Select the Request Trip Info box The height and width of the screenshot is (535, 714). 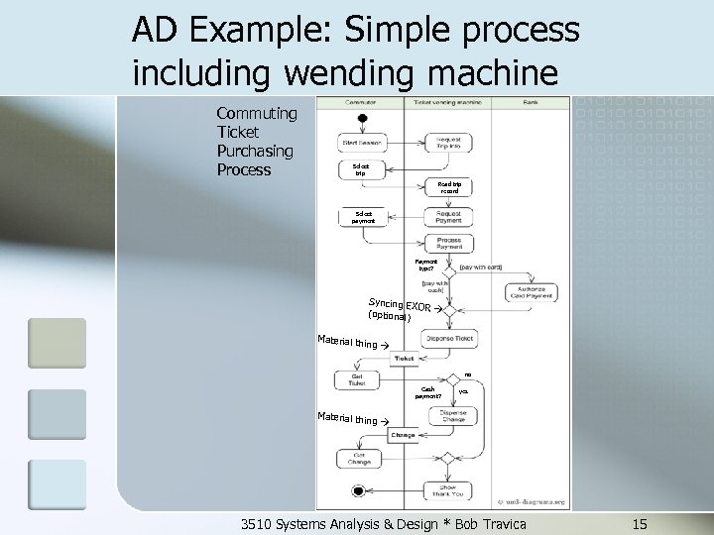448,143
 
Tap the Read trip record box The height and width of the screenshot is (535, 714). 449,187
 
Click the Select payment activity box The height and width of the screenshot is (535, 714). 363,216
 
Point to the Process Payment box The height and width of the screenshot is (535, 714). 448,244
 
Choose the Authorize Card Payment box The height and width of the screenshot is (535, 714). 532,292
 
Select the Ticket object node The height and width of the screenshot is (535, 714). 404,358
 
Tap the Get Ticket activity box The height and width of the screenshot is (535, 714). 357,379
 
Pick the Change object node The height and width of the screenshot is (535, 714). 404,434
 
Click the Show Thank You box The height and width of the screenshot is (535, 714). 448,488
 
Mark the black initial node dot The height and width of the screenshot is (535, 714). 363,118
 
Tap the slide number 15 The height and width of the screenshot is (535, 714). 640,522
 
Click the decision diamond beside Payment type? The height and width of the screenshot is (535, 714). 449,269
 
